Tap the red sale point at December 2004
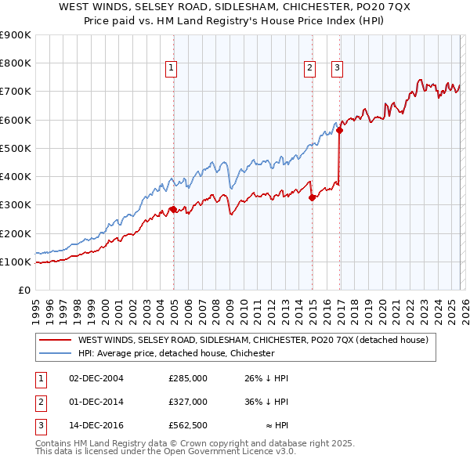[x=173, y=209]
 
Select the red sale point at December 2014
[x=312, y=197]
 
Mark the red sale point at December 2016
[x=340, y=131]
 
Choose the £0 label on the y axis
[x=23, y=291]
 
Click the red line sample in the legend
[x=56, y=341]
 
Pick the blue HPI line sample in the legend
[x=56, y=354]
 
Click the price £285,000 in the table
[x=188, y=378]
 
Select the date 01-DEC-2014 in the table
[x=97, y=402]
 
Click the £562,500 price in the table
[x=188, y=425]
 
